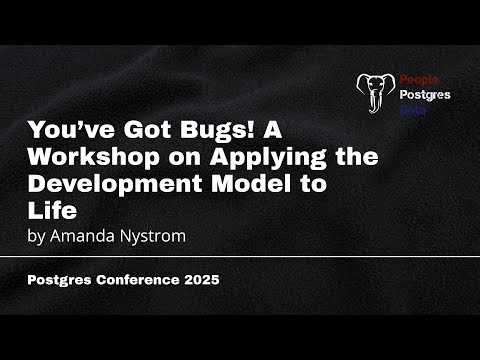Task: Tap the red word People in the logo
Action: (x=417, y=78)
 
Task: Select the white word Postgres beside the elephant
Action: (x=424, y=95)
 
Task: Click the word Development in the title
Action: (x=104, y=184)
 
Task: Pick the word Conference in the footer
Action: (x=135, y=281)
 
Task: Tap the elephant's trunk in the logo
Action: (x=377, y=106)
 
